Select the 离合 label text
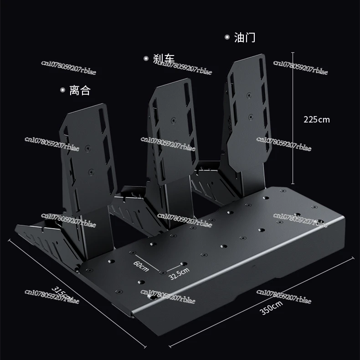click(x=80, y=91)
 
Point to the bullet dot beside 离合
click(x=62, y=91)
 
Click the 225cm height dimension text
click(x=316, y=120)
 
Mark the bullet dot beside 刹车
click(x=146, y=58)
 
